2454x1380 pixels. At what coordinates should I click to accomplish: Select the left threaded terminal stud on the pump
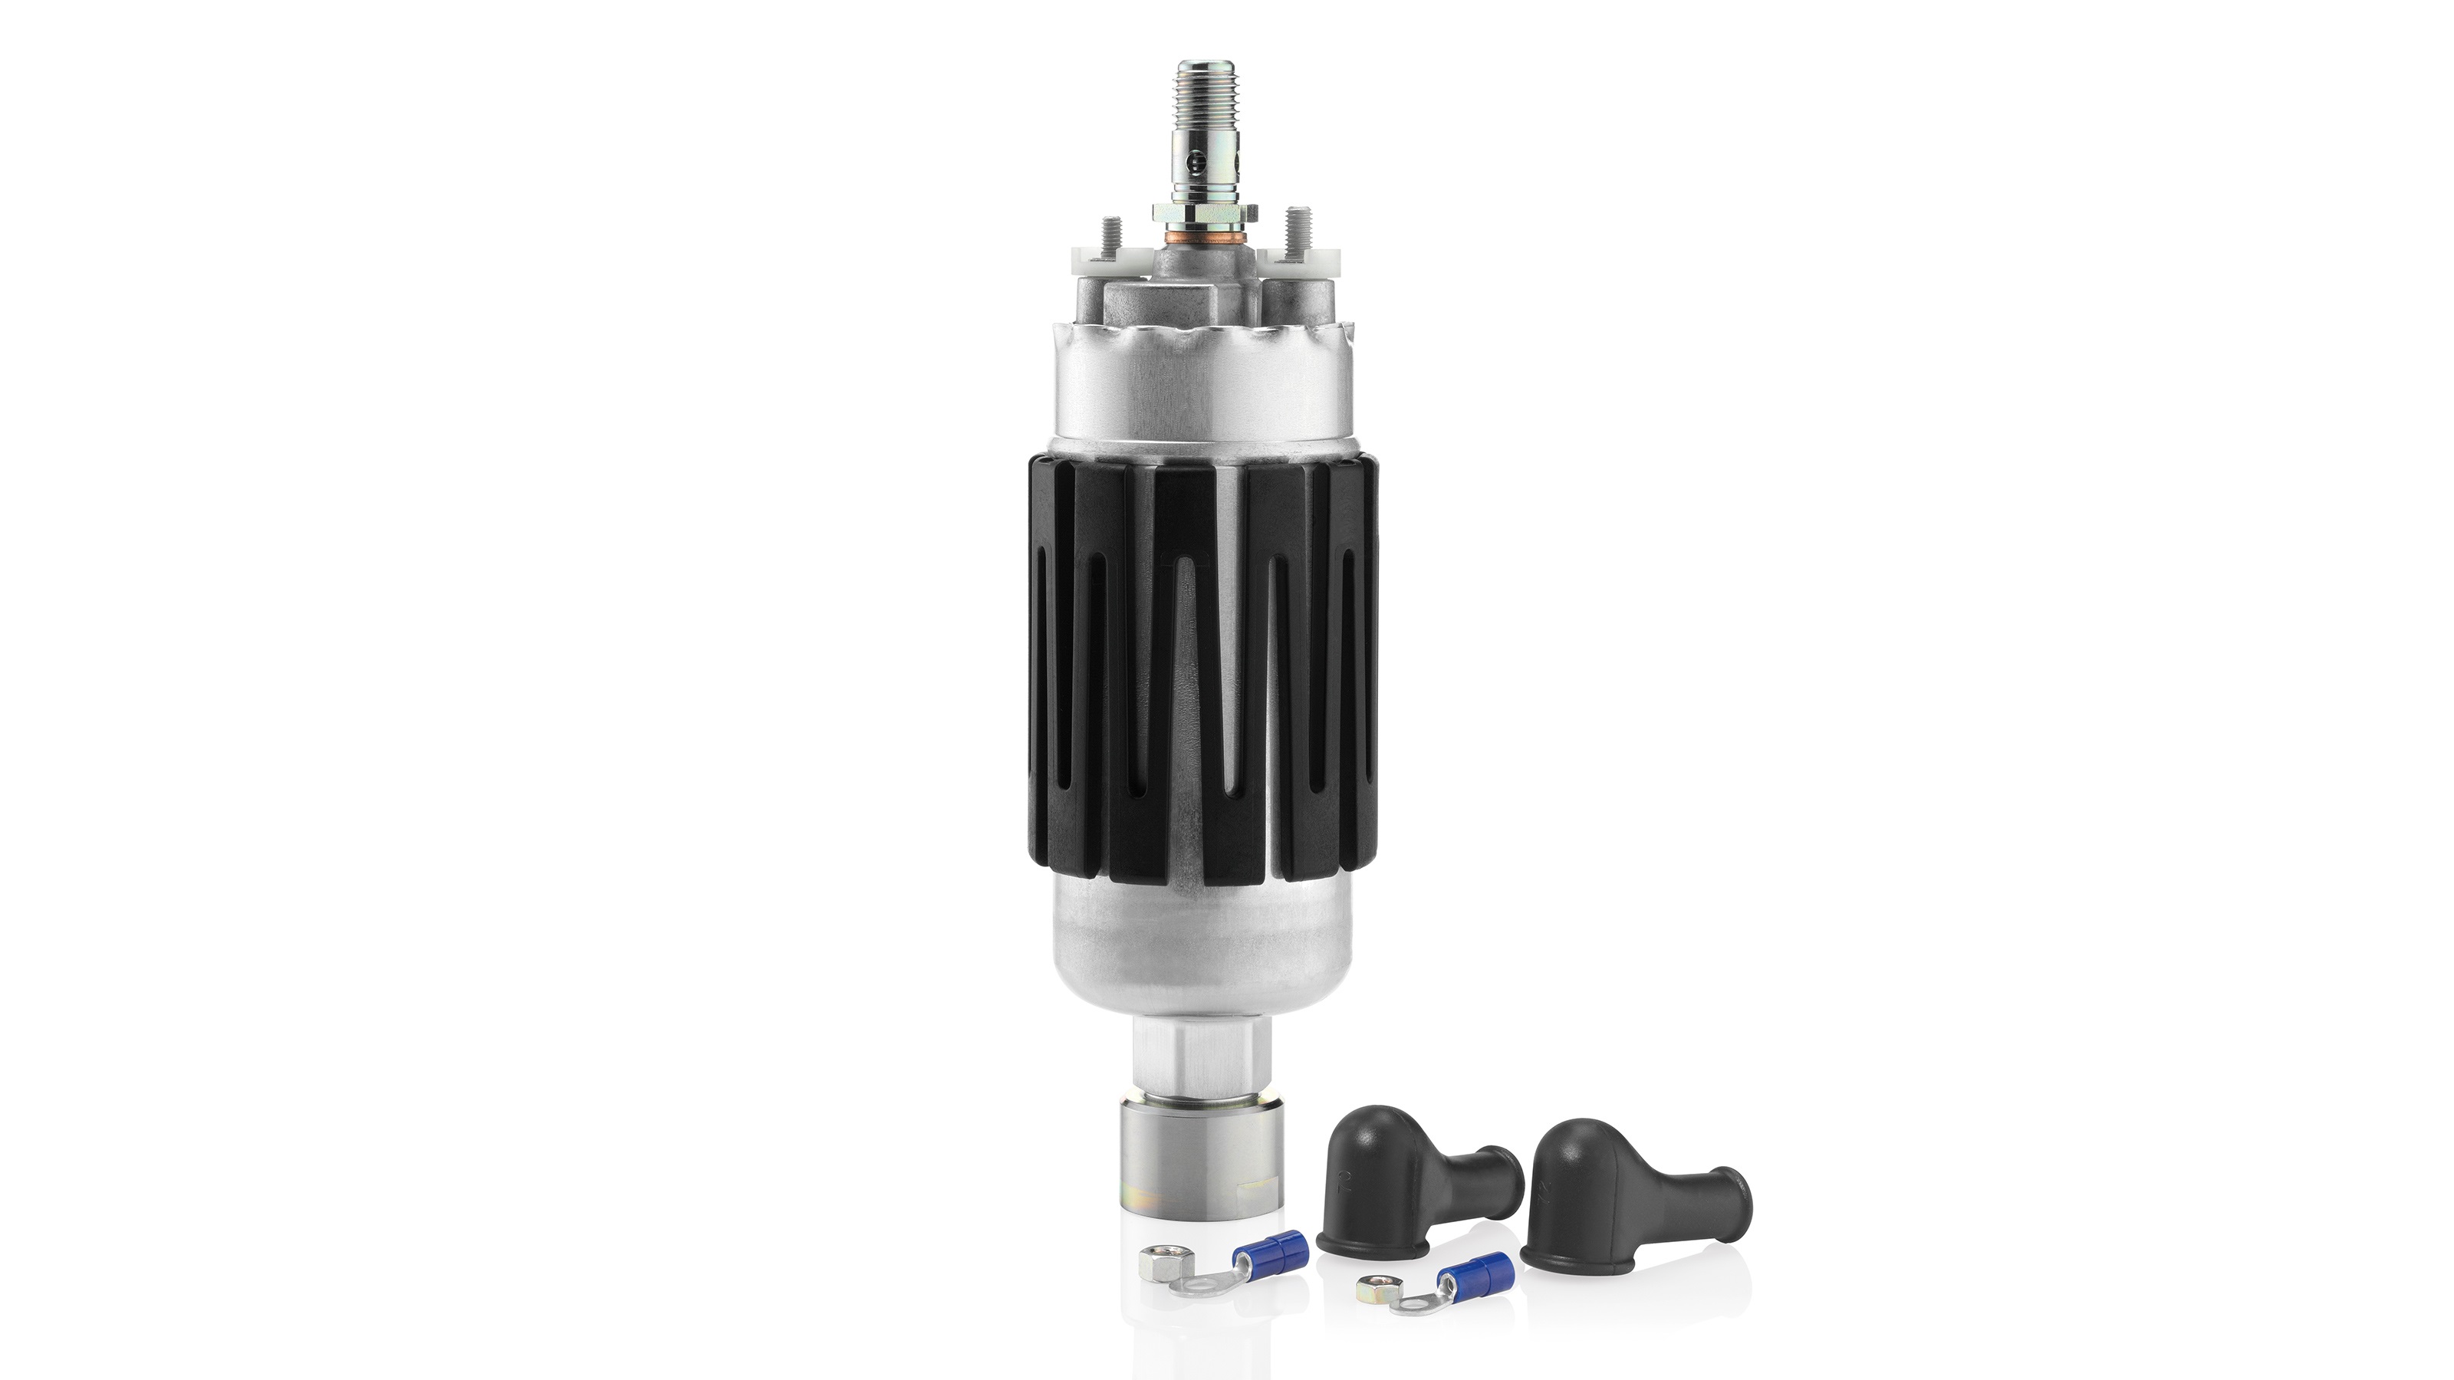tap(1108, 235)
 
